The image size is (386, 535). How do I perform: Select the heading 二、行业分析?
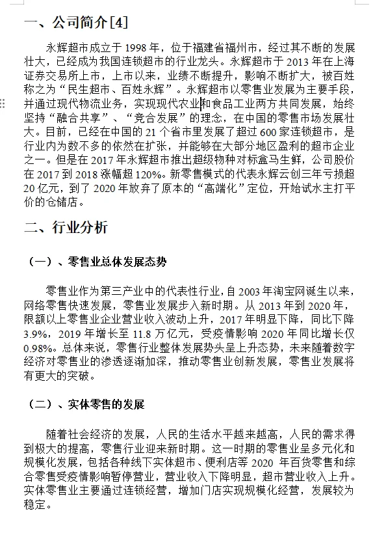pos(66,227)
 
